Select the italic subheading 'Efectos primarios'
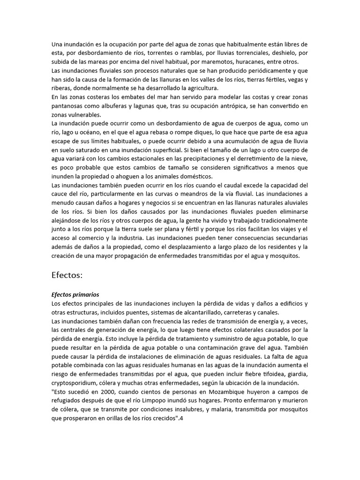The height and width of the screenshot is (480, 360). point(75,295)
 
